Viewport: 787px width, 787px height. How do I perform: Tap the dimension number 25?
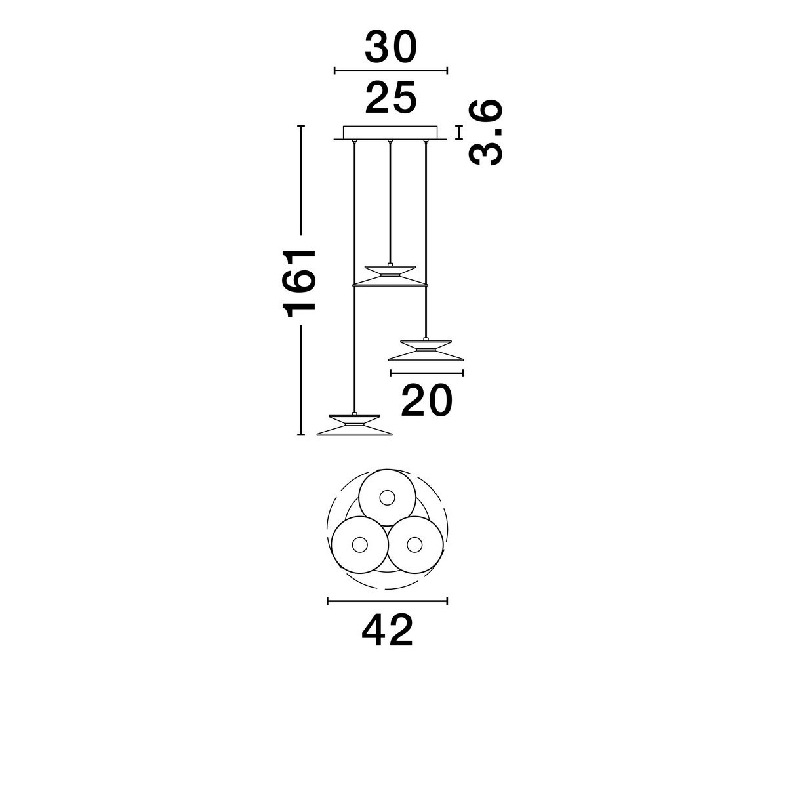tap(391, 98)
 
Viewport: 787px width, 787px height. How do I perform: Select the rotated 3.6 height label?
tap(485, 132)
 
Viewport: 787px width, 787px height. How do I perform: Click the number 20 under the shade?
tap(427, 400)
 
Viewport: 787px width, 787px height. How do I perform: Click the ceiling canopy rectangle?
tap(390, 132)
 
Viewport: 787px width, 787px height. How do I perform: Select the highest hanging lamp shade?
tap(390, 275)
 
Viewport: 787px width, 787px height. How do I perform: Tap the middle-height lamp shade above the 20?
tap(426, 350)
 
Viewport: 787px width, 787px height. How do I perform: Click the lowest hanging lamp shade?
tap(355, 425)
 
